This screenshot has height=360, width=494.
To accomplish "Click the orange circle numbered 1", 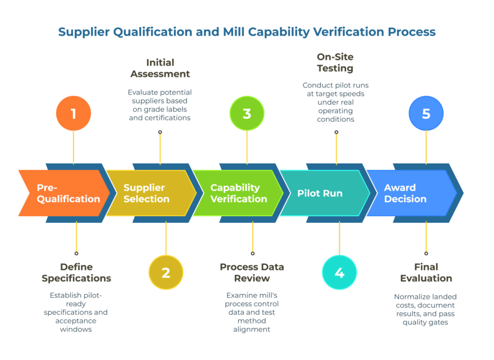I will [73, 114].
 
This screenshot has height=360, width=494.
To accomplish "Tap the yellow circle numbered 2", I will [166, 273].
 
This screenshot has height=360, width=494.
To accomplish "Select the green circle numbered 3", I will [247, 114].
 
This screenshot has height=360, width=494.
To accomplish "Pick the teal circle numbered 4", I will [339, 273].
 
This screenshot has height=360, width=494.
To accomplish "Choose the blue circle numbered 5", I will [426, 114].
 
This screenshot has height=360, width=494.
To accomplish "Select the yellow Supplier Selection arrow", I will [150, 193].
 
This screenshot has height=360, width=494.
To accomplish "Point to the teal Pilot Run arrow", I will [323, 193].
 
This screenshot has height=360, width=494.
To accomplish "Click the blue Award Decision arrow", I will [410, 193].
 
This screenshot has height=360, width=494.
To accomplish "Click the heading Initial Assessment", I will [160, 68].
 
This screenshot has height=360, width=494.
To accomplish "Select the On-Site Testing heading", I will [335, 62].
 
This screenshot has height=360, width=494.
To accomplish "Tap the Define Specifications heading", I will [76, 272].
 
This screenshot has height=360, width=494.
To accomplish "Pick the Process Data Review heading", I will [252, 272].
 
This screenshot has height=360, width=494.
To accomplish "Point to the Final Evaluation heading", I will [426, 272].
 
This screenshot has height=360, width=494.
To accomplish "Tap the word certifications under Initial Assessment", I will [160, 118].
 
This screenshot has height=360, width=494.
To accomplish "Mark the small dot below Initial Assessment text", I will [160, 132].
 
